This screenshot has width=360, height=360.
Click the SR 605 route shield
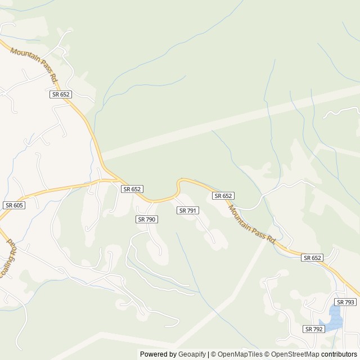(13, 205)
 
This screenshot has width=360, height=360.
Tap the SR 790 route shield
(146, 219)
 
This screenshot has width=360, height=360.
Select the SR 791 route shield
(187, 210)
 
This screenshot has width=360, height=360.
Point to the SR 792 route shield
(314, 328)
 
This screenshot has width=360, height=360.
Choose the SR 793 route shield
(346, 302)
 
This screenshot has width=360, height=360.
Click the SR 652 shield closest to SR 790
(132, 190)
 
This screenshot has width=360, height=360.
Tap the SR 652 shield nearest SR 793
(312, 258)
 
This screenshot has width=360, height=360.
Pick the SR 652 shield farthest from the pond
(60, 94)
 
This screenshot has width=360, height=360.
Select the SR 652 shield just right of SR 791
(223, 196)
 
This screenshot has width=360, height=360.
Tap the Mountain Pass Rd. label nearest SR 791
(251, 223)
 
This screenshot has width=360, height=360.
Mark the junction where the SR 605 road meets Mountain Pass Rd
(115, 180)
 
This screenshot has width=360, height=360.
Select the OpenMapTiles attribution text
(237, 354)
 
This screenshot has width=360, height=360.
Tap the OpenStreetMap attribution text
(293, 354)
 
